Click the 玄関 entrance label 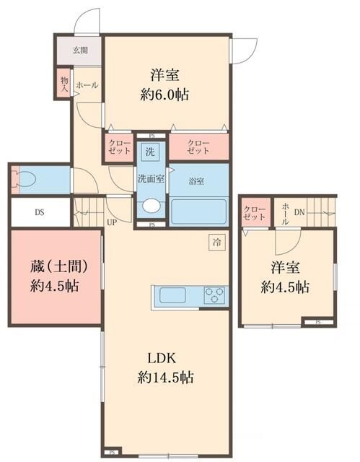(x=80, y=51)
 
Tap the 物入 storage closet (x=64, y=84)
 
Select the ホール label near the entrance (x=87, y=85)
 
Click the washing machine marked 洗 (x=150, y=152)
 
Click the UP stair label (x=112, y=222)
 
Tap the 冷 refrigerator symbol (x=217, y=243)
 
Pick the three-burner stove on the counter (x=214, y=295)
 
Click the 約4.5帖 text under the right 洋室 (x=286, y=287)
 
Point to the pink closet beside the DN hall (x=255, y=212)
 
